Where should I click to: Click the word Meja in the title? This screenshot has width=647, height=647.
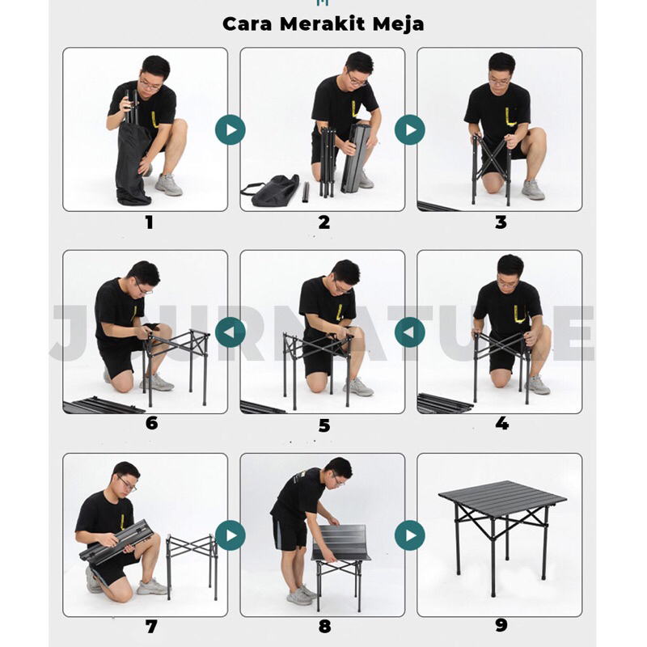coord(398,24)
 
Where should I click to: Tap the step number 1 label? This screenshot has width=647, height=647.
coord(150,223)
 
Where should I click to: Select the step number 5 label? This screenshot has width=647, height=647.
coord(324,425)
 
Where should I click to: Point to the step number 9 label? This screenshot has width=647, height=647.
coord(501,625)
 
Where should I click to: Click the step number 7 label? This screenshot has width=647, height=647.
coord(151,627)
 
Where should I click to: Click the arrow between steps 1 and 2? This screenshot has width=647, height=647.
coord(230,129)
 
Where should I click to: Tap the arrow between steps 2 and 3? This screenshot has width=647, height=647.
coord(410,129)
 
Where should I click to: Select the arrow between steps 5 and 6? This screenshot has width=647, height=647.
coord(230,332)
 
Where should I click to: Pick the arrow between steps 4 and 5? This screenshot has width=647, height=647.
coord(410,332)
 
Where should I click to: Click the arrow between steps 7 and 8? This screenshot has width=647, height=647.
coord(230,535)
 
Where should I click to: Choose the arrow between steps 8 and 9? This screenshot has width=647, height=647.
coord(410,535)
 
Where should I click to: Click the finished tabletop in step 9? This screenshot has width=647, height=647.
coord(502,496)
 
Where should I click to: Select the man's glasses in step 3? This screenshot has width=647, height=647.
coord(500,82)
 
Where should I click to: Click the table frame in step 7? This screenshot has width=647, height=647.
coord(192,565)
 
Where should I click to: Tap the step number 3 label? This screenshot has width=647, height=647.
coord(501,222)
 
